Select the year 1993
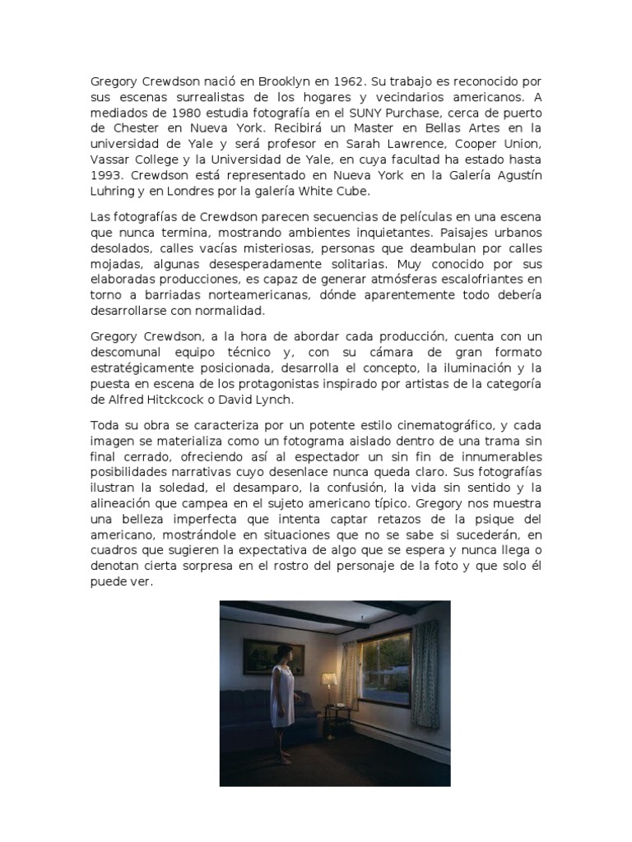point(108,175)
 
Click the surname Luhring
point(114,191)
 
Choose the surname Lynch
point(274,400)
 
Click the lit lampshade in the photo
point(329,678)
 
